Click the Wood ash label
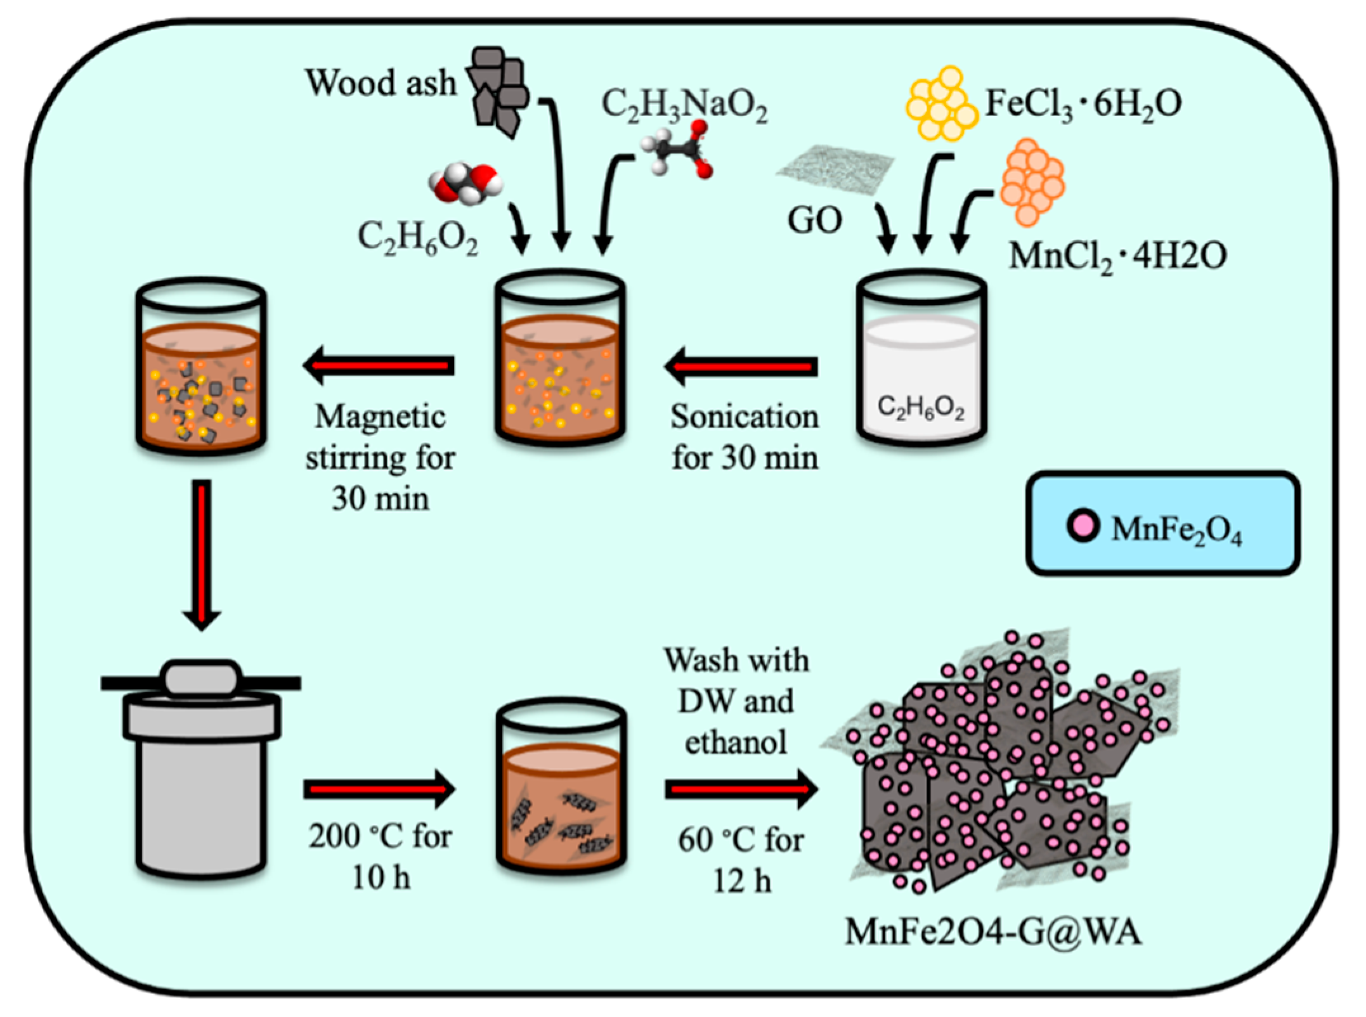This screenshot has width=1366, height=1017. coord(381,83)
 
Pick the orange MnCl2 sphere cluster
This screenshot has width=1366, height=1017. coord(1032,183)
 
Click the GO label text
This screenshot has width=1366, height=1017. coord(814,221)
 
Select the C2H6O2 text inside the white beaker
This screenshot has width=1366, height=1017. coord(921,408)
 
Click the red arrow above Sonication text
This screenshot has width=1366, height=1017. coord(742,366)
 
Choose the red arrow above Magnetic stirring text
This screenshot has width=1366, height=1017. coord(379,365)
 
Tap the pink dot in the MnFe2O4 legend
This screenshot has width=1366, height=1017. coord(1083,526)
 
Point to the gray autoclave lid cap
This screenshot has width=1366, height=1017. coord(202,677)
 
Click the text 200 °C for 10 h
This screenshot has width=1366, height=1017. coord(381,856)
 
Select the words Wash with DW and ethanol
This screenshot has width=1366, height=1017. coord(736,701)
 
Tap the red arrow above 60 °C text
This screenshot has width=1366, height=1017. coord(741,789)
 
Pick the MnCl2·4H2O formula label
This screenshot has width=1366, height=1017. coord(1117,256)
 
